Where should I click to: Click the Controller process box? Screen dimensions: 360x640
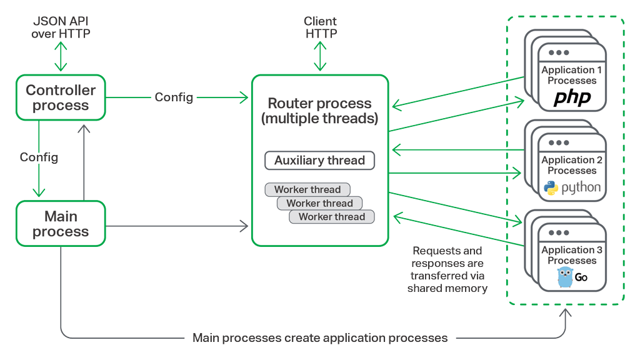pyautogui.click(x=61, y=97)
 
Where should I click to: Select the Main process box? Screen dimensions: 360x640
pyautogui.click(x=61, y=224)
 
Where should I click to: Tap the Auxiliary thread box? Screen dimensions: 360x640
pyautogui.click(x=319, y=161)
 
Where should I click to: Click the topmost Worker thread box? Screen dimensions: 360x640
pyautogui.click(x=307, y=189)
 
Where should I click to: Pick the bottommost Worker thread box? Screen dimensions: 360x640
pyautogui.click(x=331, y=217)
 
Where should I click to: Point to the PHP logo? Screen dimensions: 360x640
pyautogui.click(x=572, y=98)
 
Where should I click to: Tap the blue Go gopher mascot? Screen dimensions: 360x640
pyautogui.click(x=565, y=277)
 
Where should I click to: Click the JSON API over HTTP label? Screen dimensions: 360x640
pyautogui.click(x=61, y=28)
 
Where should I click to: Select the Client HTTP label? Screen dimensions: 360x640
pyautogui.click(x=321, y=28)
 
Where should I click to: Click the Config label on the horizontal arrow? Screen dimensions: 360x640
pyautogui.click(x=174, y=97)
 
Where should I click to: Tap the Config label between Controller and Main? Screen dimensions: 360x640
pyautogui.click(x=39, y=157)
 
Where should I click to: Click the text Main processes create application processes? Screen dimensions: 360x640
pyautogui.click(x=320, y=338)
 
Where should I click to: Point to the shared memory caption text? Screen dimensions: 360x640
pyautogui.click(x=447, y=269)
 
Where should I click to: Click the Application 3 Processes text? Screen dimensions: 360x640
pyautogui.click(x=572, y=255)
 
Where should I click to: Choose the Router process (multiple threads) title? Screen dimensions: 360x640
pyautogui.click(x=319, y=111)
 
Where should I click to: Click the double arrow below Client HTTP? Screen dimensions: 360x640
pyautogui.click(x=321, y=57)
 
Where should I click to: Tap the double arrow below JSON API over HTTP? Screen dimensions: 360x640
pyautogui.click(x=61, y=57)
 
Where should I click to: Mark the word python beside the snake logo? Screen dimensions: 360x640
pyautogui.click(x=581, y=187)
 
